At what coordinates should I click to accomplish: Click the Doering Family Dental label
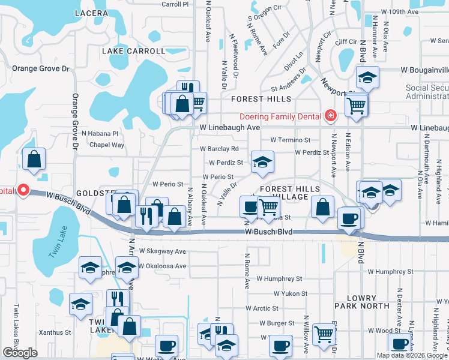[x=281, y=116]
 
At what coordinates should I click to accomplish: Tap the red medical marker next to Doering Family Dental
[x=330, y=116]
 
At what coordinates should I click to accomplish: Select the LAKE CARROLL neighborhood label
[x=133, y=51]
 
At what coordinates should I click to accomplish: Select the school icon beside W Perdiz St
[x=262, y=162]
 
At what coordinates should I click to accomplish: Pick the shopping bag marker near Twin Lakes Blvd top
[x=34, y=159]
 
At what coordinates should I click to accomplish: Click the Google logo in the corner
[x=20, y=353]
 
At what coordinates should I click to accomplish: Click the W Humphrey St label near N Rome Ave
[x=279, y=279]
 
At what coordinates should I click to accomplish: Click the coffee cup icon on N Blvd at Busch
[x=350, y=218]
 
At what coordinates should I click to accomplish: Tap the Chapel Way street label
[x=106, y=145]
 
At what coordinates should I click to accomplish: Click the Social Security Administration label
[x=427, y=92]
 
